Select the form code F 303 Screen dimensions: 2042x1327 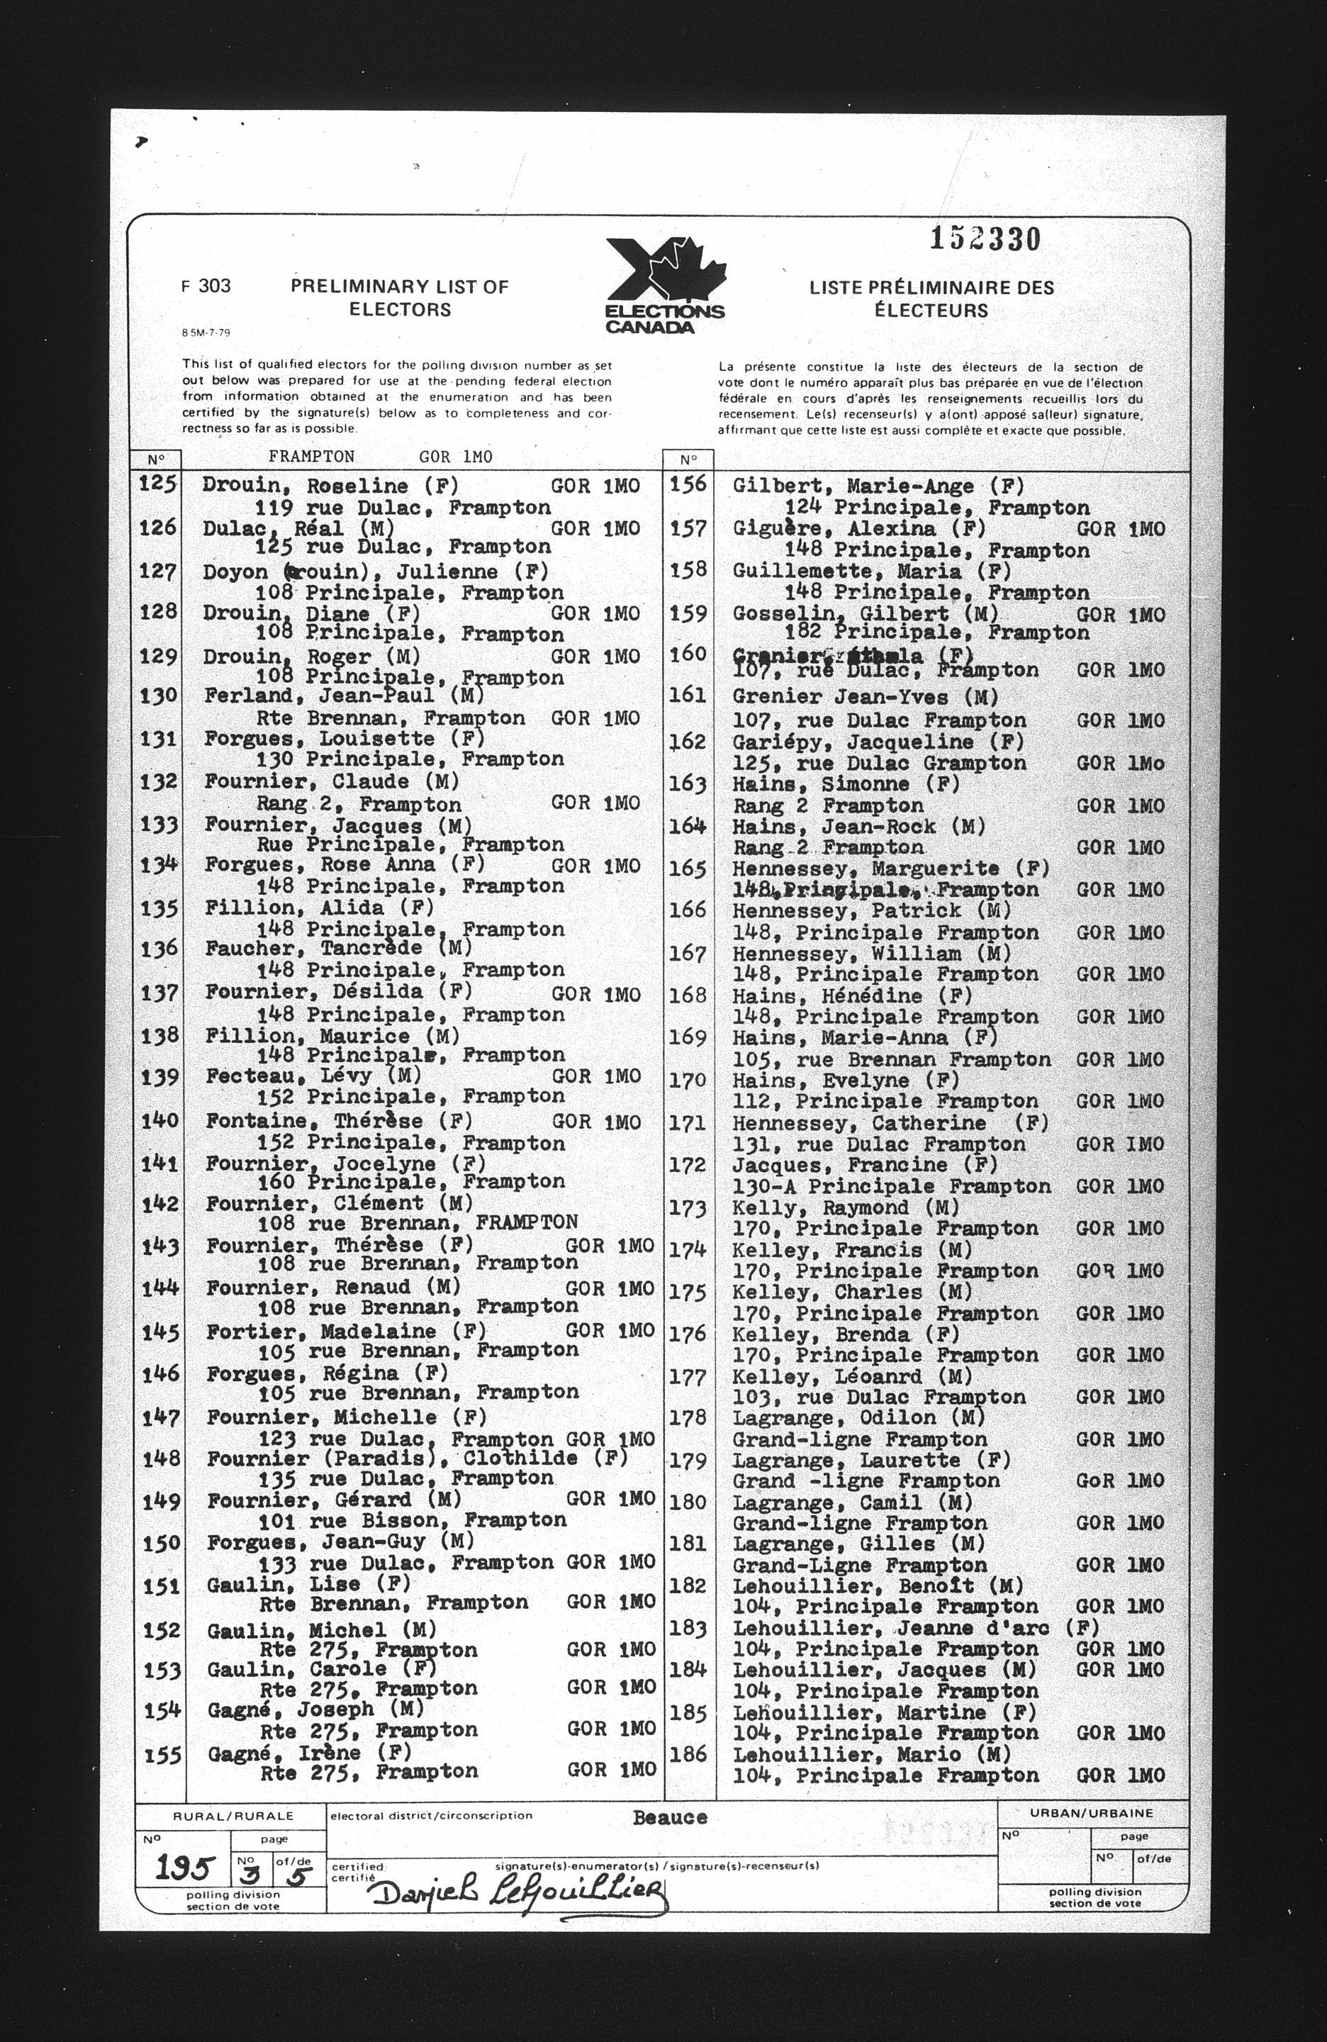(206, 286)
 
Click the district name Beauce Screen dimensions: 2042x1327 (669, 1818)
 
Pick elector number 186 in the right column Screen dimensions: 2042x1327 (688, 1753)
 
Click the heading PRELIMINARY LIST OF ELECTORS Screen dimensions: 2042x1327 (399, 298)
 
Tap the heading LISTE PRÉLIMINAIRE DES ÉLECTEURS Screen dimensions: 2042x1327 (931, 299)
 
